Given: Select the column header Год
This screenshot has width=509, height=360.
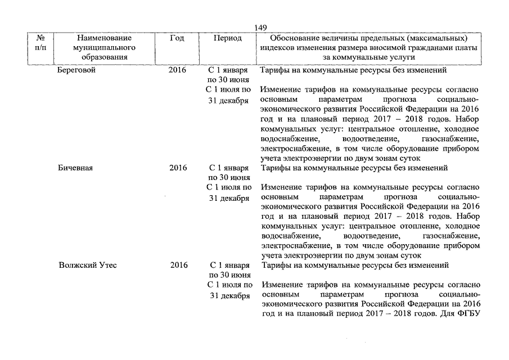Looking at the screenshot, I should (x=177, y=38).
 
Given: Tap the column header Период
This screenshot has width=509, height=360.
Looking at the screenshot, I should (x=228, y=38).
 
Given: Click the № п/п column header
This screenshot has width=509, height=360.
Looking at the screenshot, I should (x=41, y=43).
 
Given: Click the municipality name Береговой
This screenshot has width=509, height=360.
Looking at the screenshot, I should (x=76, y=71).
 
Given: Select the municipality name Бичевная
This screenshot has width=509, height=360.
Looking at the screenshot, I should (x=76, y=168).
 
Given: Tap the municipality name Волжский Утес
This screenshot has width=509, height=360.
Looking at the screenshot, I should (x=88, y=265).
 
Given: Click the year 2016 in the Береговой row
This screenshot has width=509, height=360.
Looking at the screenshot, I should (x=178, y=71).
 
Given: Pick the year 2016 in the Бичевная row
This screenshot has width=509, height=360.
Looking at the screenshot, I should (x=178, y=168).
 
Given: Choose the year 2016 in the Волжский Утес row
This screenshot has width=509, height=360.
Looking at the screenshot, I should (x=179, y=265).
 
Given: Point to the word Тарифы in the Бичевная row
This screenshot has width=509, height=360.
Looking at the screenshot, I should (x=276, y=168).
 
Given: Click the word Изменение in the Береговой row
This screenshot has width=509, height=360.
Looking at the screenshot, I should (x=284, y=90).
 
